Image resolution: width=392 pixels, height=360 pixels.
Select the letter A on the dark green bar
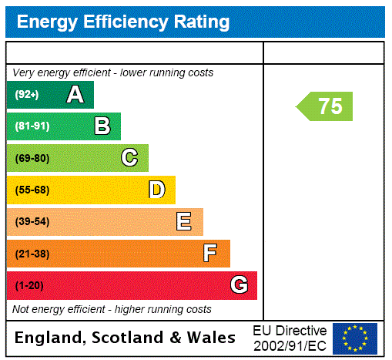coord(75,95)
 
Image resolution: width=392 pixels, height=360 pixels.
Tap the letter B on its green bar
coord(102,126)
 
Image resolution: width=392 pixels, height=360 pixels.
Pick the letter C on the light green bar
coord(129,158)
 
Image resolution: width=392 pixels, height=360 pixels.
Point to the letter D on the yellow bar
coord(156,190)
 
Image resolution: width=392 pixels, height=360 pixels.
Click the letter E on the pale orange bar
coord(184,222)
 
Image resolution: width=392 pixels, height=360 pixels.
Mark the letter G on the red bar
coord(239,285)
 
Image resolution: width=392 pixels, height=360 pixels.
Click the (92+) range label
coord(27,95)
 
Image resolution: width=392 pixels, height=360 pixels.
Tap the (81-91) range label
coord(32,126)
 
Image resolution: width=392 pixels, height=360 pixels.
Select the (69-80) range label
coord(32,158)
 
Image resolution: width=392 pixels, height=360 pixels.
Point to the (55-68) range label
coord(32,190)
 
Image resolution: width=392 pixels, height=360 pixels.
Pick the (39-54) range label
coord(32,222)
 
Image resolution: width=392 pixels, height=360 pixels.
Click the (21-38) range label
coord(32,254)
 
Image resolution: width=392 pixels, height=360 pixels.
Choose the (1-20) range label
coord(29,286)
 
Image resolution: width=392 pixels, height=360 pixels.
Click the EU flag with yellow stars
coord(355,338)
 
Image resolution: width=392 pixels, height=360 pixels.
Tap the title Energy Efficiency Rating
coord(123,22)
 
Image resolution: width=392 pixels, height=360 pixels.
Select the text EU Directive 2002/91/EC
coord(290,338)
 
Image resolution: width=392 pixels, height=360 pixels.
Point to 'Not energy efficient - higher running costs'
coord(112,309)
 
